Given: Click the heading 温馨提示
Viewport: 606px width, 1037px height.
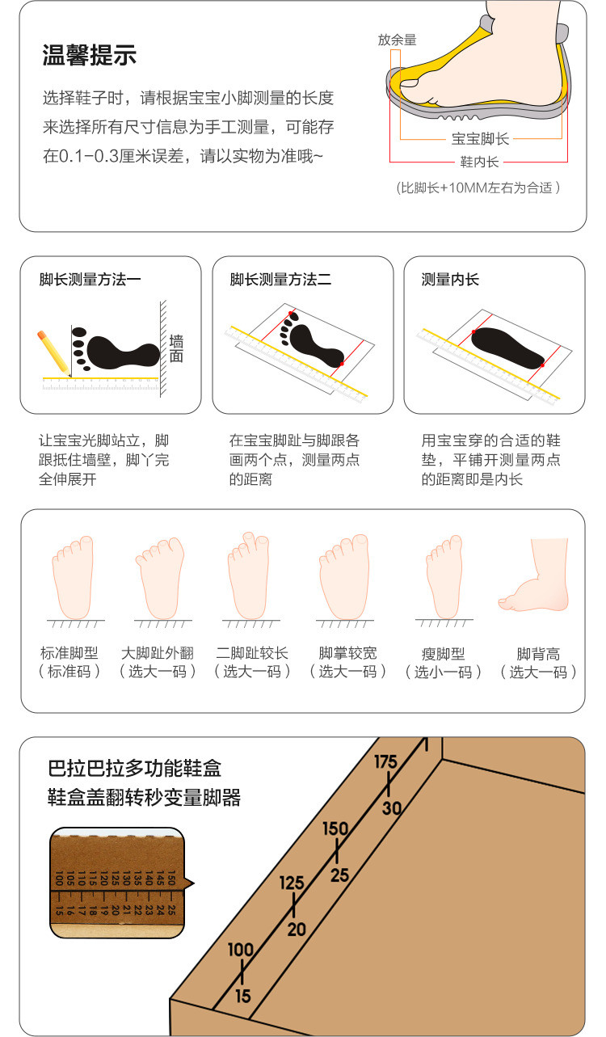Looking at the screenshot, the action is click(90, 55).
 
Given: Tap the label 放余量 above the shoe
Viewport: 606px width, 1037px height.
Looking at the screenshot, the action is click(398, 40).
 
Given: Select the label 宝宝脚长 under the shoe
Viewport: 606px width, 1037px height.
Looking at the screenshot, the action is click(480, 138).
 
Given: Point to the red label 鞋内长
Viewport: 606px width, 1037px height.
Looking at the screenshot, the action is click(479, 162).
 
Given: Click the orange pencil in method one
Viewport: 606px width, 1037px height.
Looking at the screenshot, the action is click(53, 352).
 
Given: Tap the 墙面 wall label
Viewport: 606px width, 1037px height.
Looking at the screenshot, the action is click(176, 348).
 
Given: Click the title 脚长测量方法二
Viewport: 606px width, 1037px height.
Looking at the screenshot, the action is click(280, 280).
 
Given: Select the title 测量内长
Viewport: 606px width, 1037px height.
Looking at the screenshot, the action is click(450, 280).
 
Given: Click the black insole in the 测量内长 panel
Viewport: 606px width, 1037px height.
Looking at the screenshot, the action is click(507, 348).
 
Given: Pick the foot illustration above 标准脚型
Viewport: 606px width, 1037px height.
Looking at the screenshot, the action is click(74, 577).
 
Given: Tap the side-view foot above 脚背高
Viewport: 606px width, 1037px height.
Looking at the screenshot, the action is click(534, 575).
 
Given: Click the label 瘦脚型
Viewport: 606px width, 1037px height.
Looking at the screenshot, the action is click(443, 654).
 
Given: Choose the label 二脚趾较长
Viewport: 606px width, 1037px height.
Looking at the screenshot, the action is click(252, 653).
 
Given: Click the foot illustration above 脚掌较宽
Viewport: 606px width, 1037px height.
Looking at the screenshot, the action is click(344, 576).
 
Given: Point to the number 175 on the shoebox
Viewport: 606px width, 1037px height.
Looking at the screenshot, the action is click(385, 761).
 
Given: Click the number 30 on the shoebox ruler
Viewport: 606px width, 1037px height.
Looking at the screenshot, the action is click(392, 807).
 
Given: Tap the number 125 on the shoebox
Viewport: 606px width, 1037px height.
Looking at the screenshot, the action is click(292, 883).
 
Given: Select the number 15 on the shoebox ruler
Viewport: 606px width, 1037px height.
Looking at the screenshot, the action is click(243, 996).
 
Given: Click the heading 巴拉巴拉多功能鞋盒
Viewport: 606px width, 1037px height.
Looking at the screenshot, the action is click(134, 769).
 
